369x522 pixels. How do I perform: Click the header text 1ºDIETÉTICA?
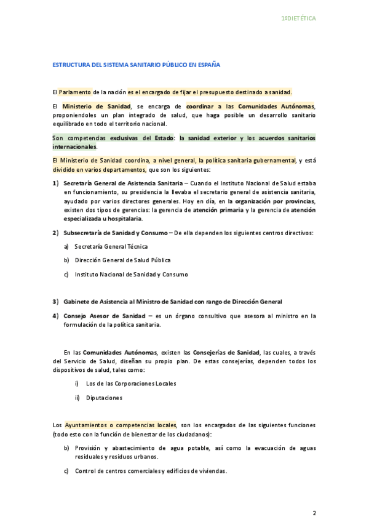[298, 19]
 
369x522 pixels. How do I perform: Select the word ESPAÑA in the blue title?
[207, 64]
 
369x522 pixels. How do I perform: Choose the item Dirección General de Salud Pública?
[122, 260]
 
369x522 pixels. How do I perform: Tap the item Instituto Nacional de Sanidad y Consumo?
[131, 274]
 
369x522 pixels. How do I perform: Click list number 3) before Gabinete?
[56, 302]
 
